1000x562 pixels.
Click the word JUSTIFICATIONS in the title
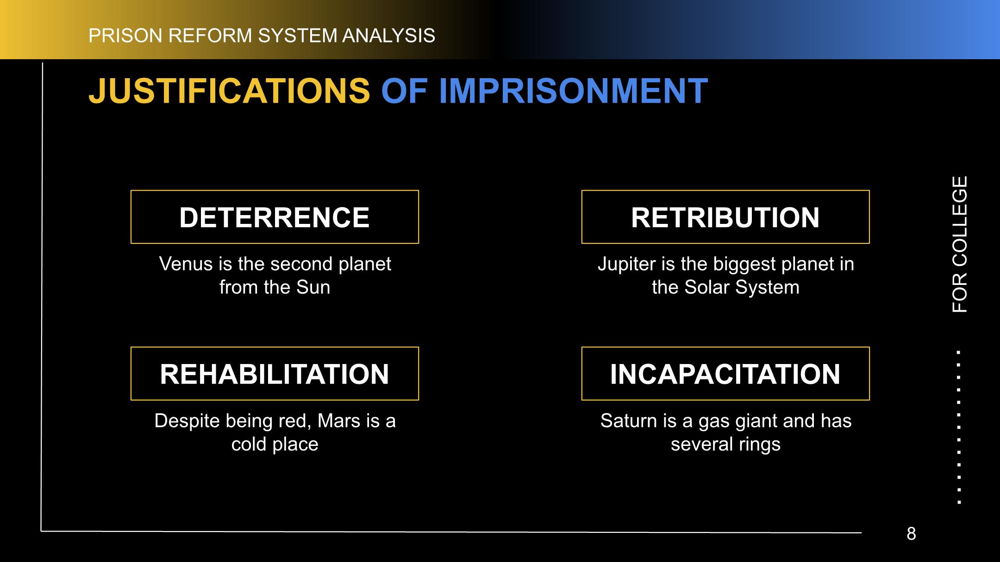tap(229, 91)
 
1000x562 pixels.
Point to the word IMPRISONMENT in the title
tap(573, 91)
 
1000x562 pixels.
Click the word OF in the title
tap(404, 91)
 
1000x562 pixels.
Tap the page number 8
tap(911, 534)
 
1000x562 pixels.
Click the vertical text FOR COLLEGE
tap(960, 244)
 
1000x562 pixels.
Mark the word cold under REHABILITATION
tap(249, 445)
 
